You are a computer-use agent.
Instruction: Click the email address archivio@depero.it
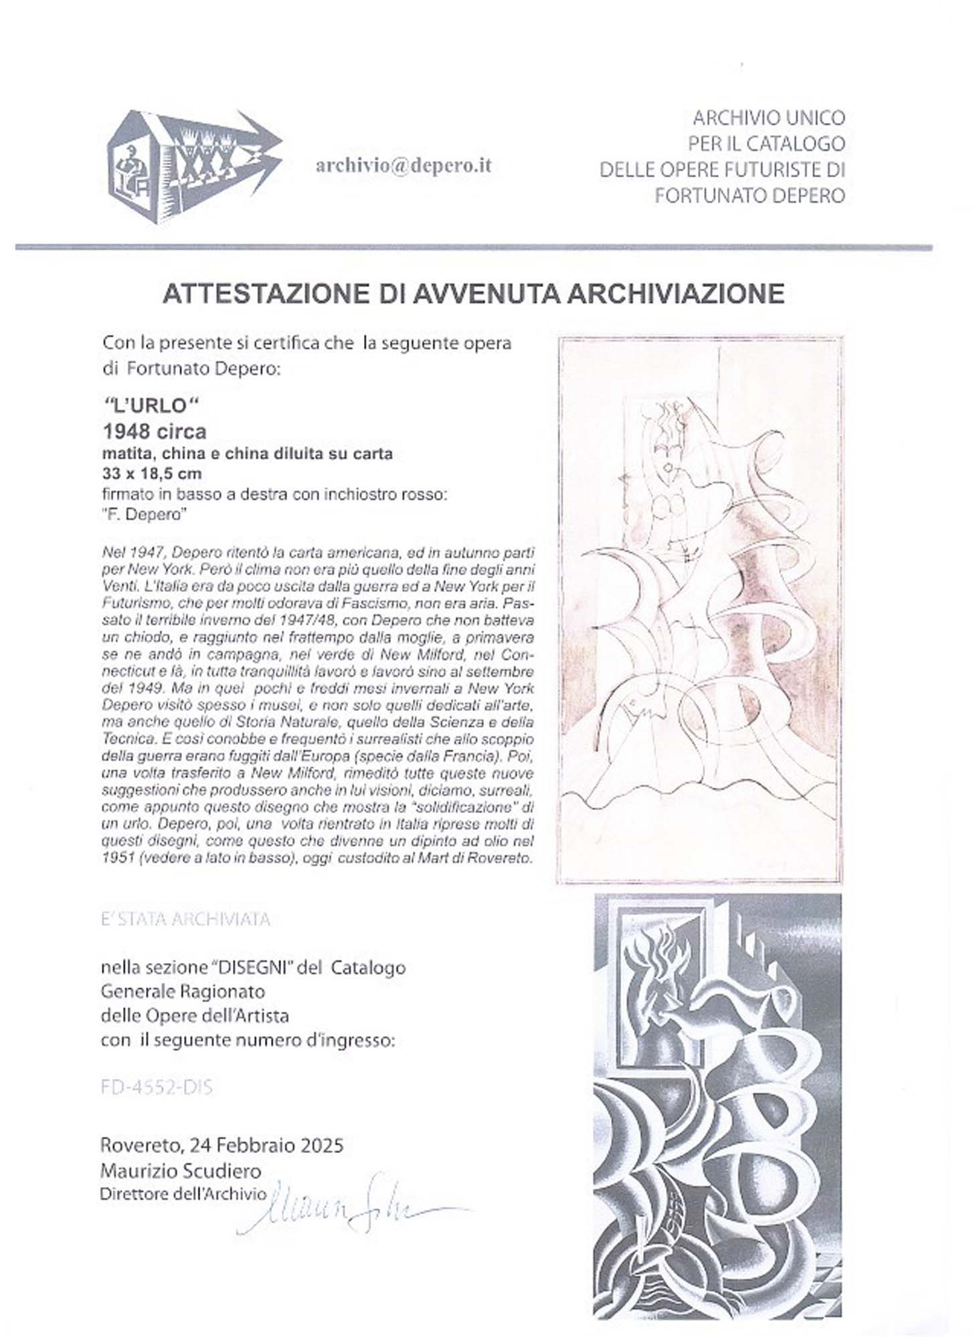[x=404, y=166]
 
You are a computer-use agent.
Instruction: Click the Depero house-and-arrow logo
[x=194, y=167]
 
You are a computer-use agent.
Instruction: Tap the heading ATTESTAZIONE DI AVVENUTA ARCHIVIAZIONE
[x=473, y=294]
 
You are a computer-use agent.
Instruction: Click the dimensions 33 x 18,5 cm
[x=151, y=474]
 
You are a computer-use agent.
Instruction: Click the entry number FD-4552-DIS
[x=157, y=1088]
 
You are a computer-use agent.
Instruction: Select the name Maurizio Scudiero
[x=181, y=1170]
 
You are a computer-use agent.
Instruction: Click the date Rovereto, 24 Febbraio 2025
[x=222, y=1145]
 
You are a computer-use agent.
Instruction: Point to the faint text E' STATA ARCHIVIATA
[x=185, y=920]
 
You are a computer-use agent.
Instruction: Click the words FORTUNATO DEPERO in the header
[x=749, y=195]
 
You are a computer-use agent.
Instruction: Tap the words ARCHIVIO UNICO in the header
[x=769, y=118]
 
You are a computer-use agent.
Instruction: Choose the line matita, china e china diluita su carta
[x=246, y=453]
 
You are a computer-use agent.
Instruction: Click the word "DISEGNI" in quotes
[x=250, y=967]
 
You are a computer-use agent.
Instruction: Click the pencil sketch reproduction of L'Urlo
[x=701, y=609]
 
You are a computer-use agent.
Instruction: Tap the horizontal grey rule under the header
[x=473, y=247]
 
